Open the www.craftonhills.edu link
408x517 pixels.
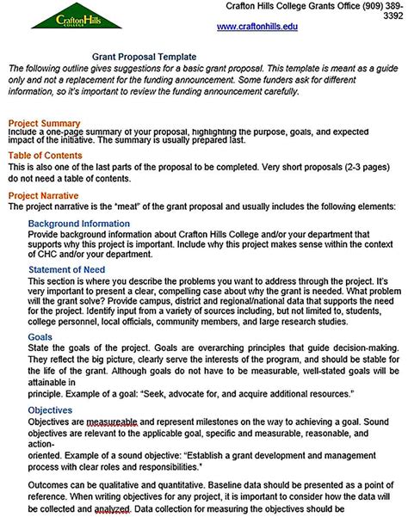click(257, 28)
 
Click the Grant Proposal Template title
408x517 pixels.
click(151, 56)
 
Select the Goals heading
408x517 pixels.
click(40, 338)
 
